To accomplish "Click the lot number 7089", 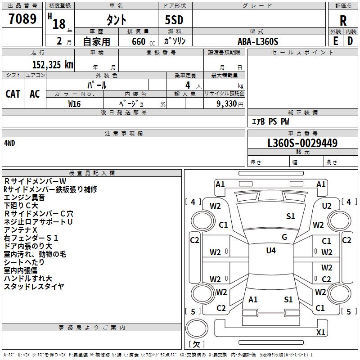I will [x=22, y=19].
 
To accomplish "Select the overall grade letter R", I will [x=343, y=20].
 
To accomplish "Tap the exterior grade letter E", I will [x=335, y=40].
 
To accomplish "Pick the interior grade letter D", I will [x=350, y=40].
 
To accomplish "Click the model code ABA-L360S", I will [x=258, y=41].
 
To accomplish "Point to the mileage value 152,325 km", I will [x=53, y=64].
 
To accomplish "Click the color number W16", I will [x=75, y=103].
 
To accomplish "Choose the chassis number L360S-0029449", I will [x=302, y=144].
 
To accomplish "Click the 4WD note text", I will [x=9, y=143].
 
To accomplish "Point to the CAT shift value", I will [x=13, y=94].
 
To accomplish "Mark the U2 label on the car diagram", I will [x=327, y=206].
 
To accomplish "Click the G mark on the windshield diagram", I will [x=284, y=237].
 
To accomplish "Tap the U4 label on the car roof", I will [x=270, y=251].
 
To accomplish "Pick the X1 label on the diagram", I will [x=320, y=333].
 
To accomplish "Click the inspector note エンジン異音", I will [x=24, y=197].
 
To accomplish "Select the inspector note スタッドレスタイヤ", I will [x=34, y=286].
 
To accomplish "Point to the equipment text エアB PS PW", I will [x=270, y=121].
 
